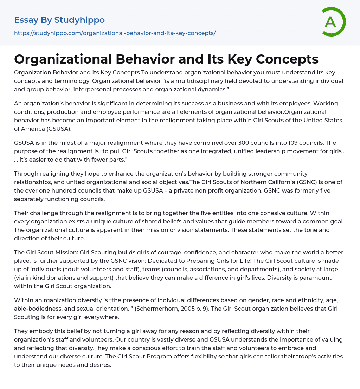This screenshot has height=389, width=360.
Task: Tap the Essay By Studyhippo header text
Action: point(59,20)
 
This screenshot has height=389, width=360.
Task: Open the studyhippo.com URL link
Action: point(115,33)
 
